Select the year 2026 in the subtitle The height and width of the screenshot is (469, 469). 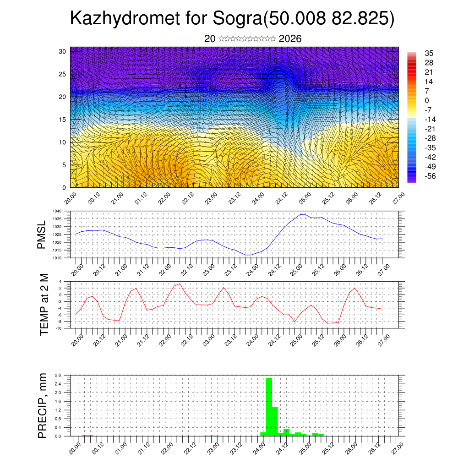pos(290,39)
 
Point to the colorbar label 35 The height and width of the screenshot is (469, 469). pos(429,53)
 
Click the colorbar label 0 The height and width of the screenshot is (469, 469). pos(427,100)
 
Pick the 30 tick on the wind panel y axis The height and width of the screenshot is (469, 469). pos(63,51)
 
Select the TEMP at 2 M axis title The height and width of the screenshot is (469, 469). pos(44,305)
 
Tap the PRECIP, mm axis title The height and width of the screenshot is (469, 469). pos(42,406)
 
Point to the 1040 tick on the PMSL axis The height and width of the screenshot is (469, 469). pos(57,211)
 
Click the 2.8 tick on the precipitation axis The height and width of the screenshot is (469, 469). pos(58,375)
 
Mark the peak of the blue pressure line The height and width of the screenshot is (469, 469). pos(302,214)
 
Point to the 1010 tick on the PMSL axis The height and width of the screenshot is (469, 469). pos(57,258)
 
